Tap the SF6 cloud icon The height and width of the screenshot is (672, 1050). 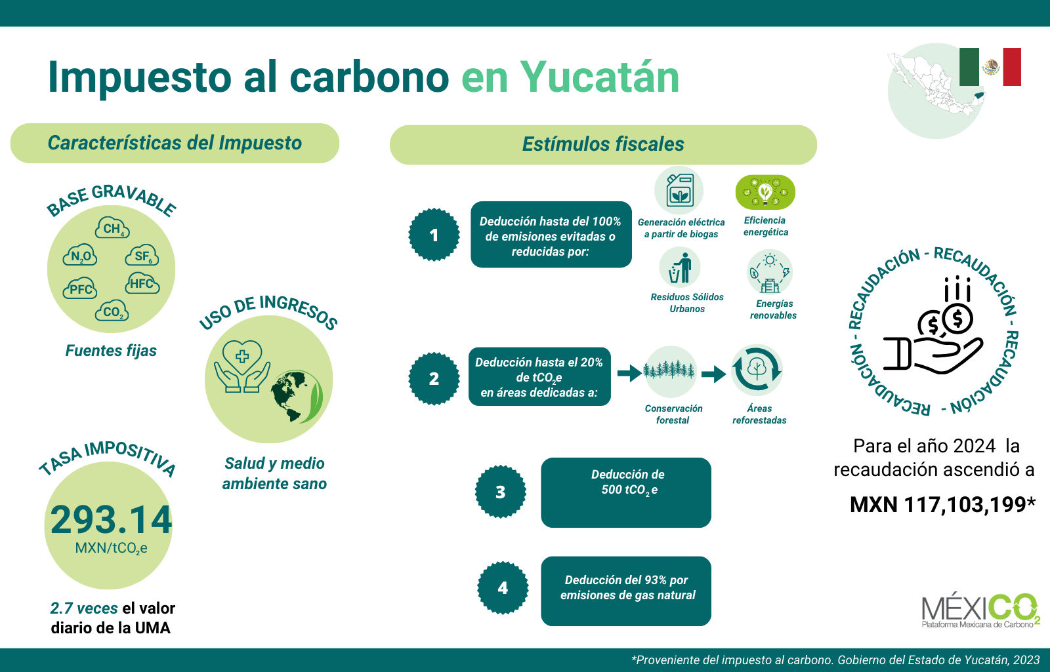click(142, 255)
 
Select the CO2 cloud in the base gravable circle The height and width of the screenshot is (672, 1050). click(112, 311)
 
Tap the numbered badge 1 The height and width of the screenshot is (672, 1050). click(434, 235)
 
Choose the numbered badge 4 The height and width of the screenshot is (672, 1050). click(503, 587)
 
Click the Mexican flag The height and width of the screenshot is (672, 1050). click(990, 67)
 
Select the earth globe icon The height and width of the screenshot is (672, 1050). click(297, 397)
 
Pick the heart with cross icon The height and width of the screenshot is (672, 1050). click(242, 357)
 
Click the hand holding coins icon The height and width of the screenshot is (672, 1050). click(933, 325)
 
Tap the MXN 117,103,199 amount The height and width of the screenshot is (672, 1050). click(942, 505)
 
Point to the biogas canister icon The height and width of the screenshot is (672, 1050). click(679, 190)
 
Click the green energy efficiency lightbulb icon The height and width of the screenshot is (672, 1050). click(765, 192)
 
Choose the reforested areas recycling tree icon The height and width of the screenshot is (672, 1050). click(757, 370)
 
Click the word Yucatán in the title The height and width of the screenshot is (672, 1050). click(600, 77)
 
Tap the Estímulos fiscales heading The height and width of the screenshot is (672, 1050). click(603, 144)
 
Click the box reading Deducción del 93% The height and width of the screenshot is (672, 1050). click(626, 591)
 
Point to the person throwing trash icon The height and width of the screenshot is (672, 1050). click(680, 268)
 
